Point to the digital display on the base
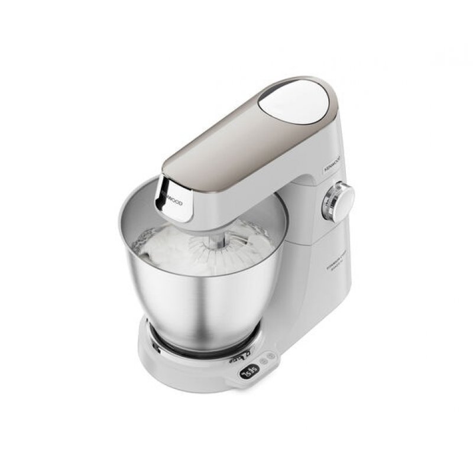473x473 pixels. tap(251, 371)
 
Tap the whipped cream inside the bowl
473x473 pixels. tap(171, 248)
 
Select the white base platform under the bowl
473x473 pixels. tap(177, 364)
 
